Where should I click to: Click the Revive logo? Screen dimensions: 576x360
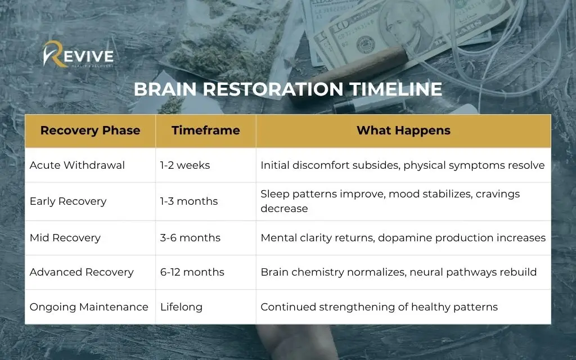(78, 55)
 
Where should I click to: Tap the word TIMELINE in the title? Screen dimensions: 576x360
(395, 89)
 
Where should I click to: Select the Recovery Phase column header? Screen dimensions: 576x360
(91, 130)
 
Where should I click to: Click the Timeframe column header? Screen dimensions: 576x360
(206, 130)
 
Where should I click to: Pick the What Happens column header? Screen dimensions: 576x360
(403, 130)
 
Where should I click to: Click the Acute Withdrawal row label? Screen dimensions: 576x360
(77, 165)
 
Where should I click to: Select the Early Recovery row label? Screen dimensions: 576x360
(68, 201)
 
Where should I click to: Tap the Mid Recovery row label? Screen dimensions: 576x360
(65, 238)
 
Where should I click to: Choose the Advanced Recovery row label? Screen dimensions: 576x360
(82, 272)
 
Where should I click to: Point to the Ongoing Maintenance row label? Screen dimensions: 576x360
(89, 307)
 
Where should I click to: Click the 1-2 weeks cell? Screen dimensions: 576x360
(185, 165)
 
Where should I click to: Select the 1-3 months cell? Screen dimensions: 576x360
(189, 201)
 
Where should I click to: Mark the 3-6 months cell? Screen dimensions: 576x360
(190, 238)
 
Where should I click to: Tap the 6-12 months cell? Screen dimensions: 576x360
(192, 272)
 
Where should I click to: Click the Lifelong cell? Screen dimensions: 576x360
(182, 307)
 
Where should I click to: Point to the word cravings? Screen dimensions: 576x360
(498, 194)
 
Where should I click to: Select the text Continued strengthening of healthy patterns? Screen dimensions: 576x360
(379, 307)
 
